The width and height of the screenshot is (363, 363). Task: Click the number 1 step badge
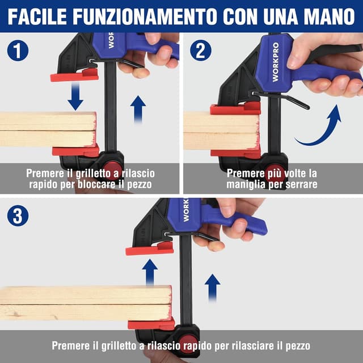pyautogui.click(x=18, y=51)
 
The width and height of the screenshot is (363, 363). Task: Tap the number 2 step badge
pyautogui.click(x=200, y=51)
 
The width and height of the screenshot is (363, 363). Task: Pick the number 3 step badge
pyautogui.click(x=18, y=216)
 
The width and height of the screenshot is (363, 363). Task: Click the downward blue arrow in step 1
pyautogui.click(x=75, y=96)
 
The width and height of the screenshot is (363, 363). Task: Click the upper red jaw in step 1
pyautogui.click(x=74, y=75)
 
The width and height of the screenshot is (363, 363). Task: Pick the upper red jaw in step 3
pyautogui.click(x=149, y=248)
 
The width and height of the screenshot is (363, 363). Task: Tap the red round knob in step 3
pyautogui.click(x=188, y=343)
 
